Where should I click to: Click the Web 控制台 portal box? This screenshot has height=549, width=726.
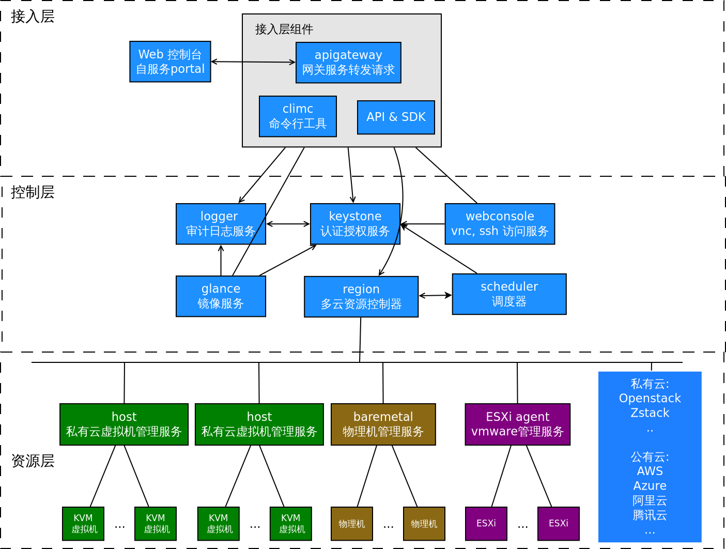(170, 62)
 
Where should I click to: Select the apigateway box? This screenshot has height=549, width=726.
(348, 63)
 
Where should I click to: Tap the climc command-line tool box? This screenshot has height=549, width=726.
(298, 116)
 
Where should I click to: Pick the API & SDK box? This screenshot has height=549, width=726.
(396, 117)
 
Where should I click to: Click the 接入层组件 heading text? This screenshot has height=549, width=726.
(284, 29)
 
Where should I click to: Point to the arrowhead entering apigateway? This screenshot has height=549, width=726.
(293, 62)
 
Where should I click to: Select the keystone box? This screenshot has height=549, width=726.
(355, 224)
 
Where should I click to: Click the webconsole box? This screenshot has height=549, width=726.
(500, 224)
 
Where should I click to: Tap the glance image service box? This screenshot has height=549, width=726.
(221, 296)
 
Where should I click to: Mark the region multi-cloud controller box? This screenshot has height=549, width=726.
(361, 297)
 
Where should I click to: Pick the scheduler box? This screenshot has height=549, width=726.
(509, 294)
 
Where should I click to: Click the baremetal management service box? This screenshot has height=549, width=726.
(383, 424)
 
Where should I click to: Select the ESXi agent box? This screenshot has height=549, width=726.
(517, 424)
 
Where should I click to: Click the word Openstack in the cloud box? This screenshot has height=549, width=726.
(650, 399)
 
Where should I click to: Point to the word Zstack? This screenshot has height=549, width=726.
(650, 413)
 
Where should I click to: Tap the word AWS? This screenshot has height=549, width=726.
(650, 471)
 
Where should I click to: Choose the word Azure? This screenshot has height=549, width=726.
(650, 486)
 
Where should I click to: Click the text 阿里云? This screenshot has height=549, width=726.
(650, 500)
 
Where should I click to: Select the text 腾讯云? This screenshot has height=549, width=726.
(650, 515)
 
